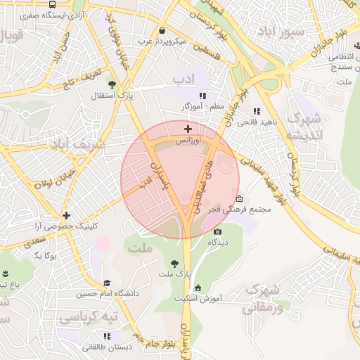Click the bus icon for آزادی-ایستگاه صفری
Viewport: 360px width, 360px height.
tap(53, 4)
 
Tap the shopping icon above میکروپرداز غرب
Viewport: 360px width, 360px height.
tap(163, 31)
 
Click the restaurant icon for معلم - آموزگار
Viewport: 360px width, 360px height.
tap(203, 96)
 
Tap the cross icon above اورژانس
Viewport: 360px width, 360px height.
tap(187, 129)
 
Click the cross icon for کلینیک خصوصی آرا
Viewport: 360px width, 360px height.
tap(66, 215)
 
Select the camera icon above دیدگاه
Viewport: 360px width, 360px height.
tap(217, 231)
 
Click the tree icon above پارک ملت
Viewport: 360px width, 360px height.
tap(174, 263)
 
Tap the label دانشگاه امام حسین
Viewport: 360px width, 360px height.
tap(107, 292)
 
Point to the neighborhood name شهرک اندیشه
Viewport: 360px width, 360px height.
tap(305, 125)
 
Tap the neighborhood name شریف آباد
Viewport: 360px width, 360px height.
tap(77, 145)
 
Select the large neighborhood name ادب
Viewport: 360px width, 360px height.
tap(186, 79)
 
